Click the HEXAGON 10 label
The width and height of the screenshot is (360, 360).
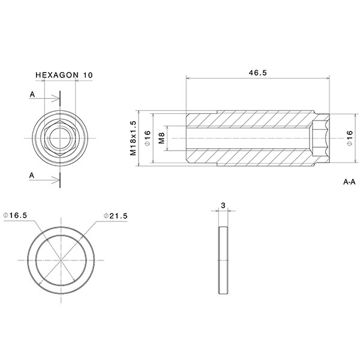point(64,75)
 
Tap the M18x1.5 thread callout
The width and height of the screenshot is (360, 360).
point(134,138)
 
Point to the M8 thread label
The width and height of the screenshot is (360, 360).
point(161,139)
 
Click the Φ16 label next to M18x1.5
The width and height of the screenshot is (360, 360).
point(147,139)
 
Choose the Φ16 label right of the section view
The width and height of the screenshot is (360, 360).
point(349,139)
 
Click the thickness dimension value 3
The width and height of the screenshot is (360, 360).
point(223,205)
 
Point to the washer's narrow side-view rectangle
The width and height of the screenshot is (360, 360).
point(224,260)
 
